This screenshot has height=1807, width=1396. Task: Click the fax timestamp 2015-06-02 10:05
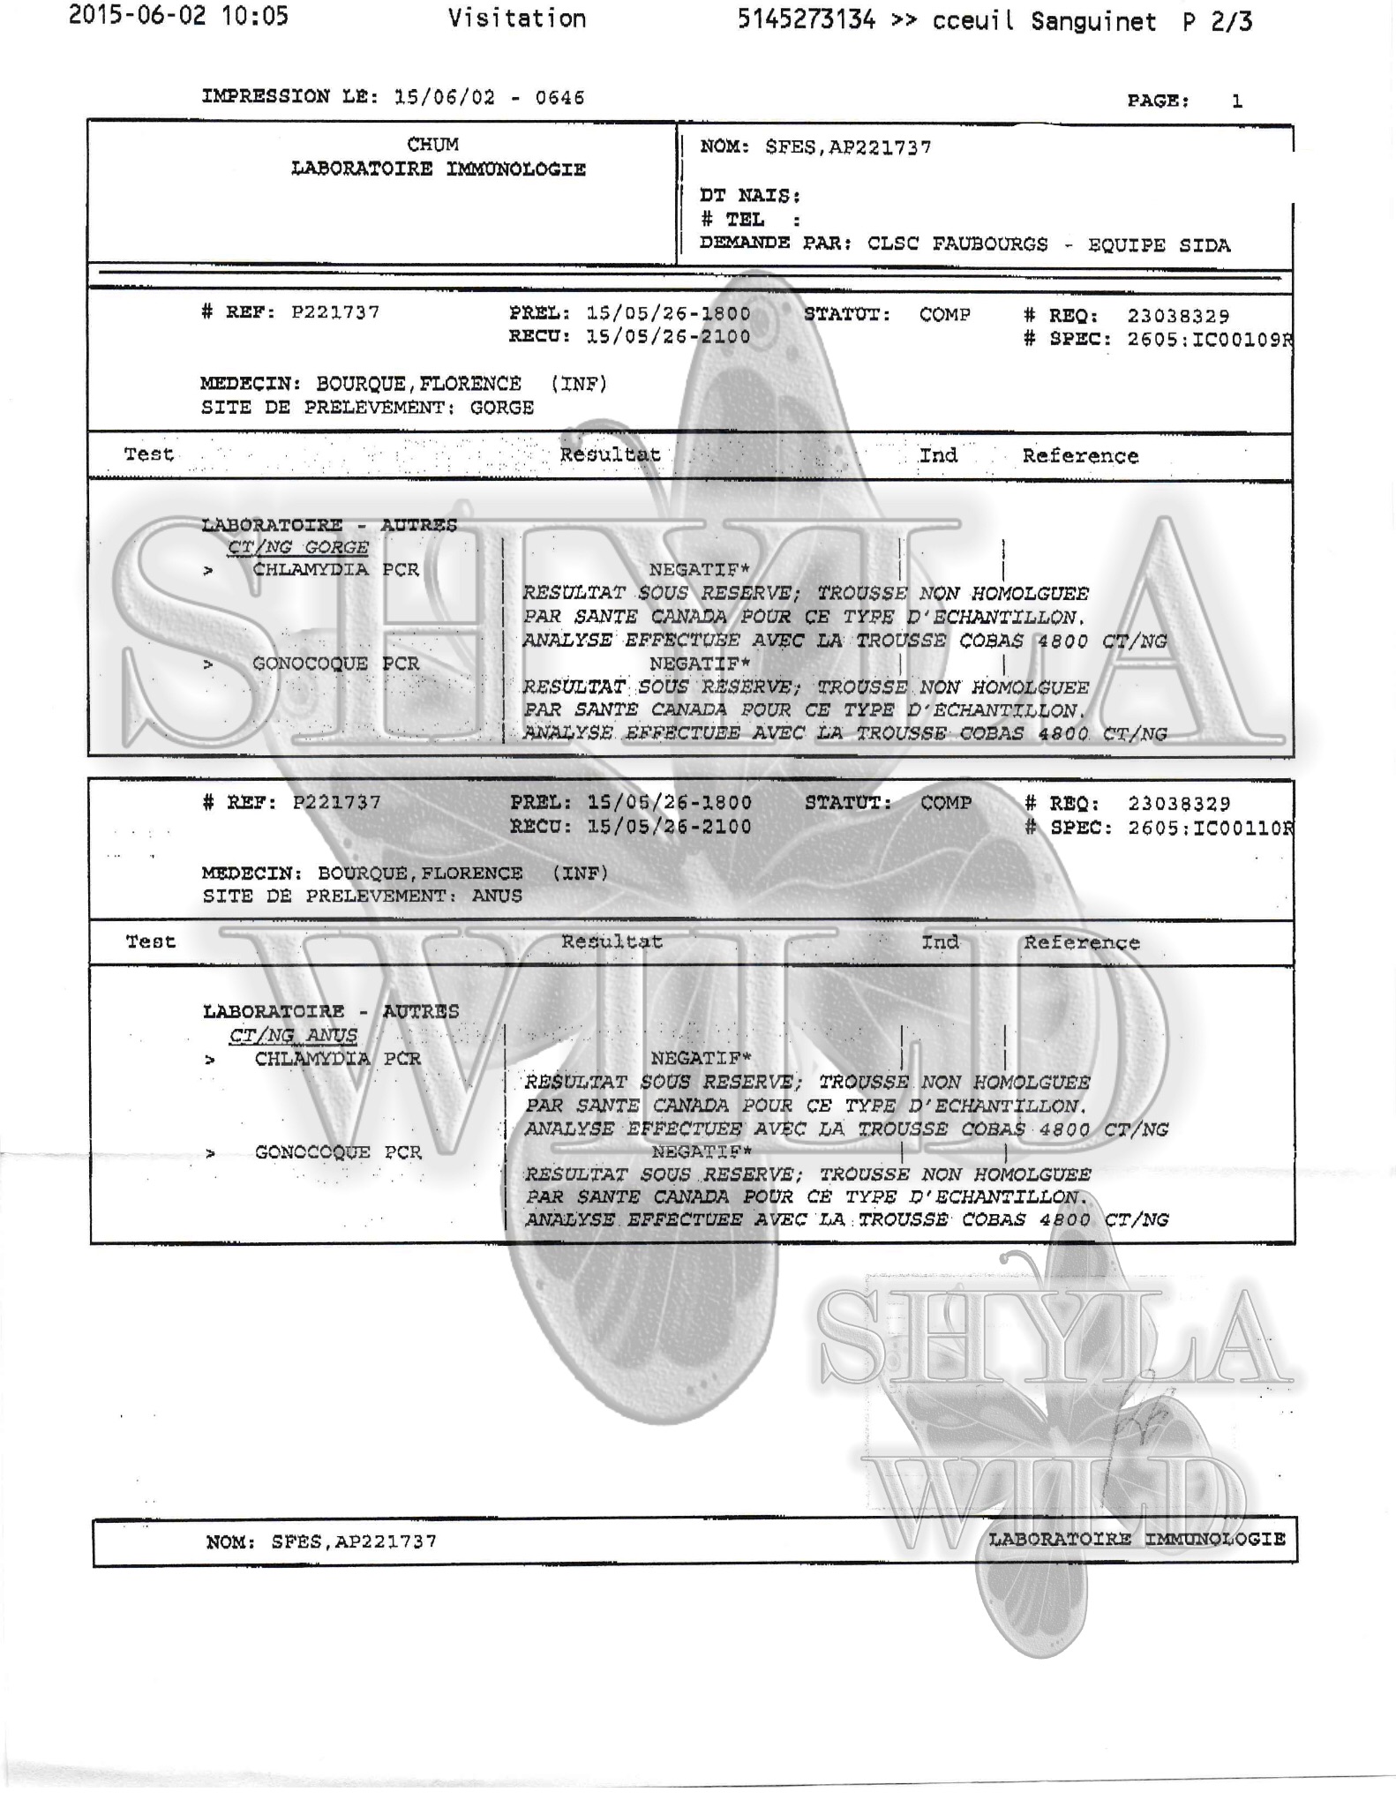pyautogui.click(x=178, y=16)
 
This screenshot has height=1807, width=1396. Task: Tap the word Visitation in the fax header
pyautogui.click(x=516, y=19)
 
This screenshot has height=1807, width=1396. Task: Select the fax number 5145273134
pyautogui.click(x=806, y=20)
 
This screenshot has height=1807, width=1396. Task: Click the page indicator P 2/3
pyautogui.click(x=1217, y=22)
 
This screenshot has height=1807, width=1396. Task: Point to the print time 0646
pyautogui.click(x=559, y=98)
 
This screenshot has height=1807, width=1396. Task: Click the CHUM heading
pyautogui.click(x=432, y=144)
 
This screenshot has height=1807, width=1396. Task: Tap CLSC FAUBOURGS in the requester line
pyautogui.click(x=957, y=244)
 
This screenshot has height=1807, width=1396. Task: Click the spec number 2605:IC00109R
pyautogui.click(x=1209, y=340)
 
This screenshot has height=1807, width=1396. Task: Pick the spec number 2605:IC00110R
pyautogui.click(x=1210, y=828)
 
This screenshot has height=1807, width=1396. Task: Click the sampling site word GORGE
pyautogui.click(x=501, y=408)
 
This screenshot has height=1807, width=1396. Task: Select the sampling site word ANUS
pyautogui.click(x=497, y=896)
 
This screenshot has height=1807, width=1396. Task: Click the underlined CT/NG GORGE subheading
pyautogui.click(x=297, y=547)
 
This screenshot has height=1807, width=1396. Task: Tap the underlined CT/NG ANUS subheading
pyautogui.click(x=293, y=1035)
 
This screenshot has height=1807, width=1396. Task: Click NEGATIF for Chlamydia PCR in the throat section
pyautogui.click(x=699, y=570)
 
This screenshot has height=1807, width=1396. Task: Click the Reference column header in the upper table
pyautogui.click(x=1080, y=456)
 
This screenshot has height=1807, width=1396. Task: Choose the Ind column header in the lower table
pyautogui.click(x=940, y=942)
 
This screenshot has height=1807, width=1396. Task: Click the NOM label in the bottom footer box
pyautogui.click(x=230, y=1541)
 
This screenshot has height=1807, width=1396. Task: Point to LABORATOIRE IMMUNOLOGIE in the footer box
pyautogui.click(x=1136, y=1539)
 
